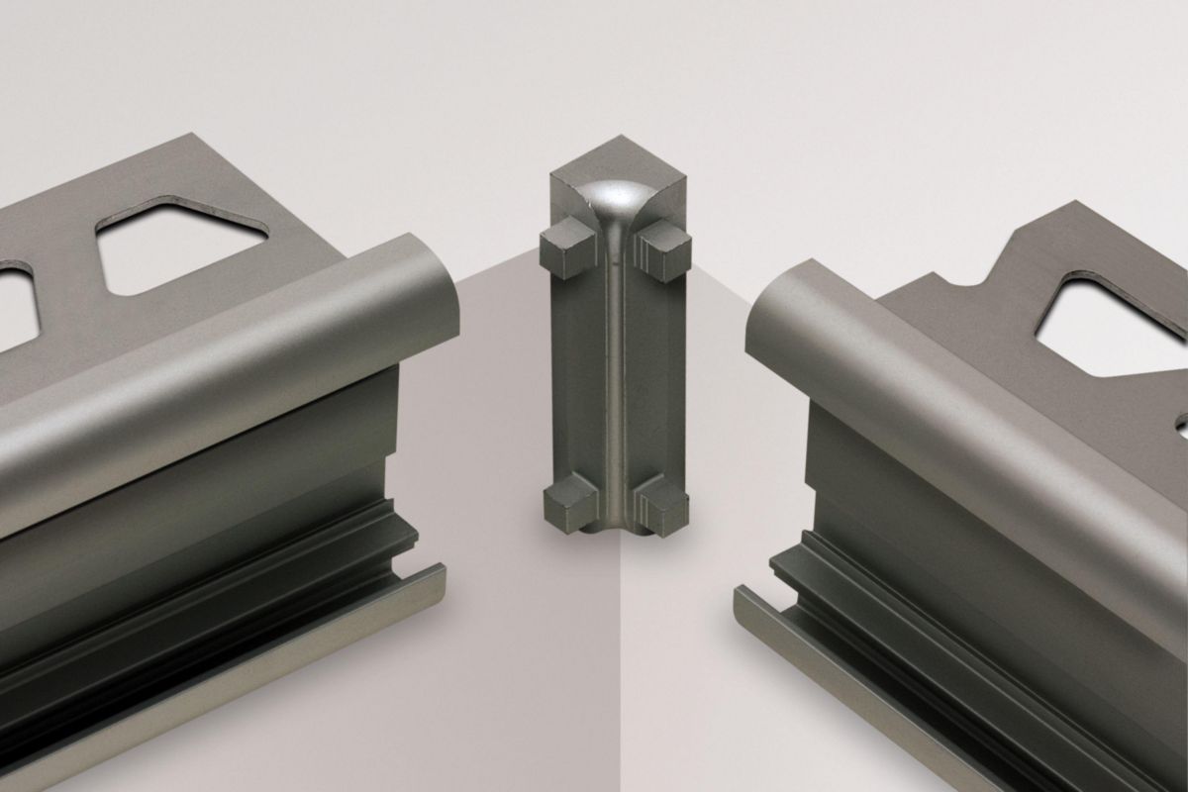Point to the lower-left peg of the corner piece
coord(566,500)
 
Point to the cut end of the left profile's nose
coord(436,287)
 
